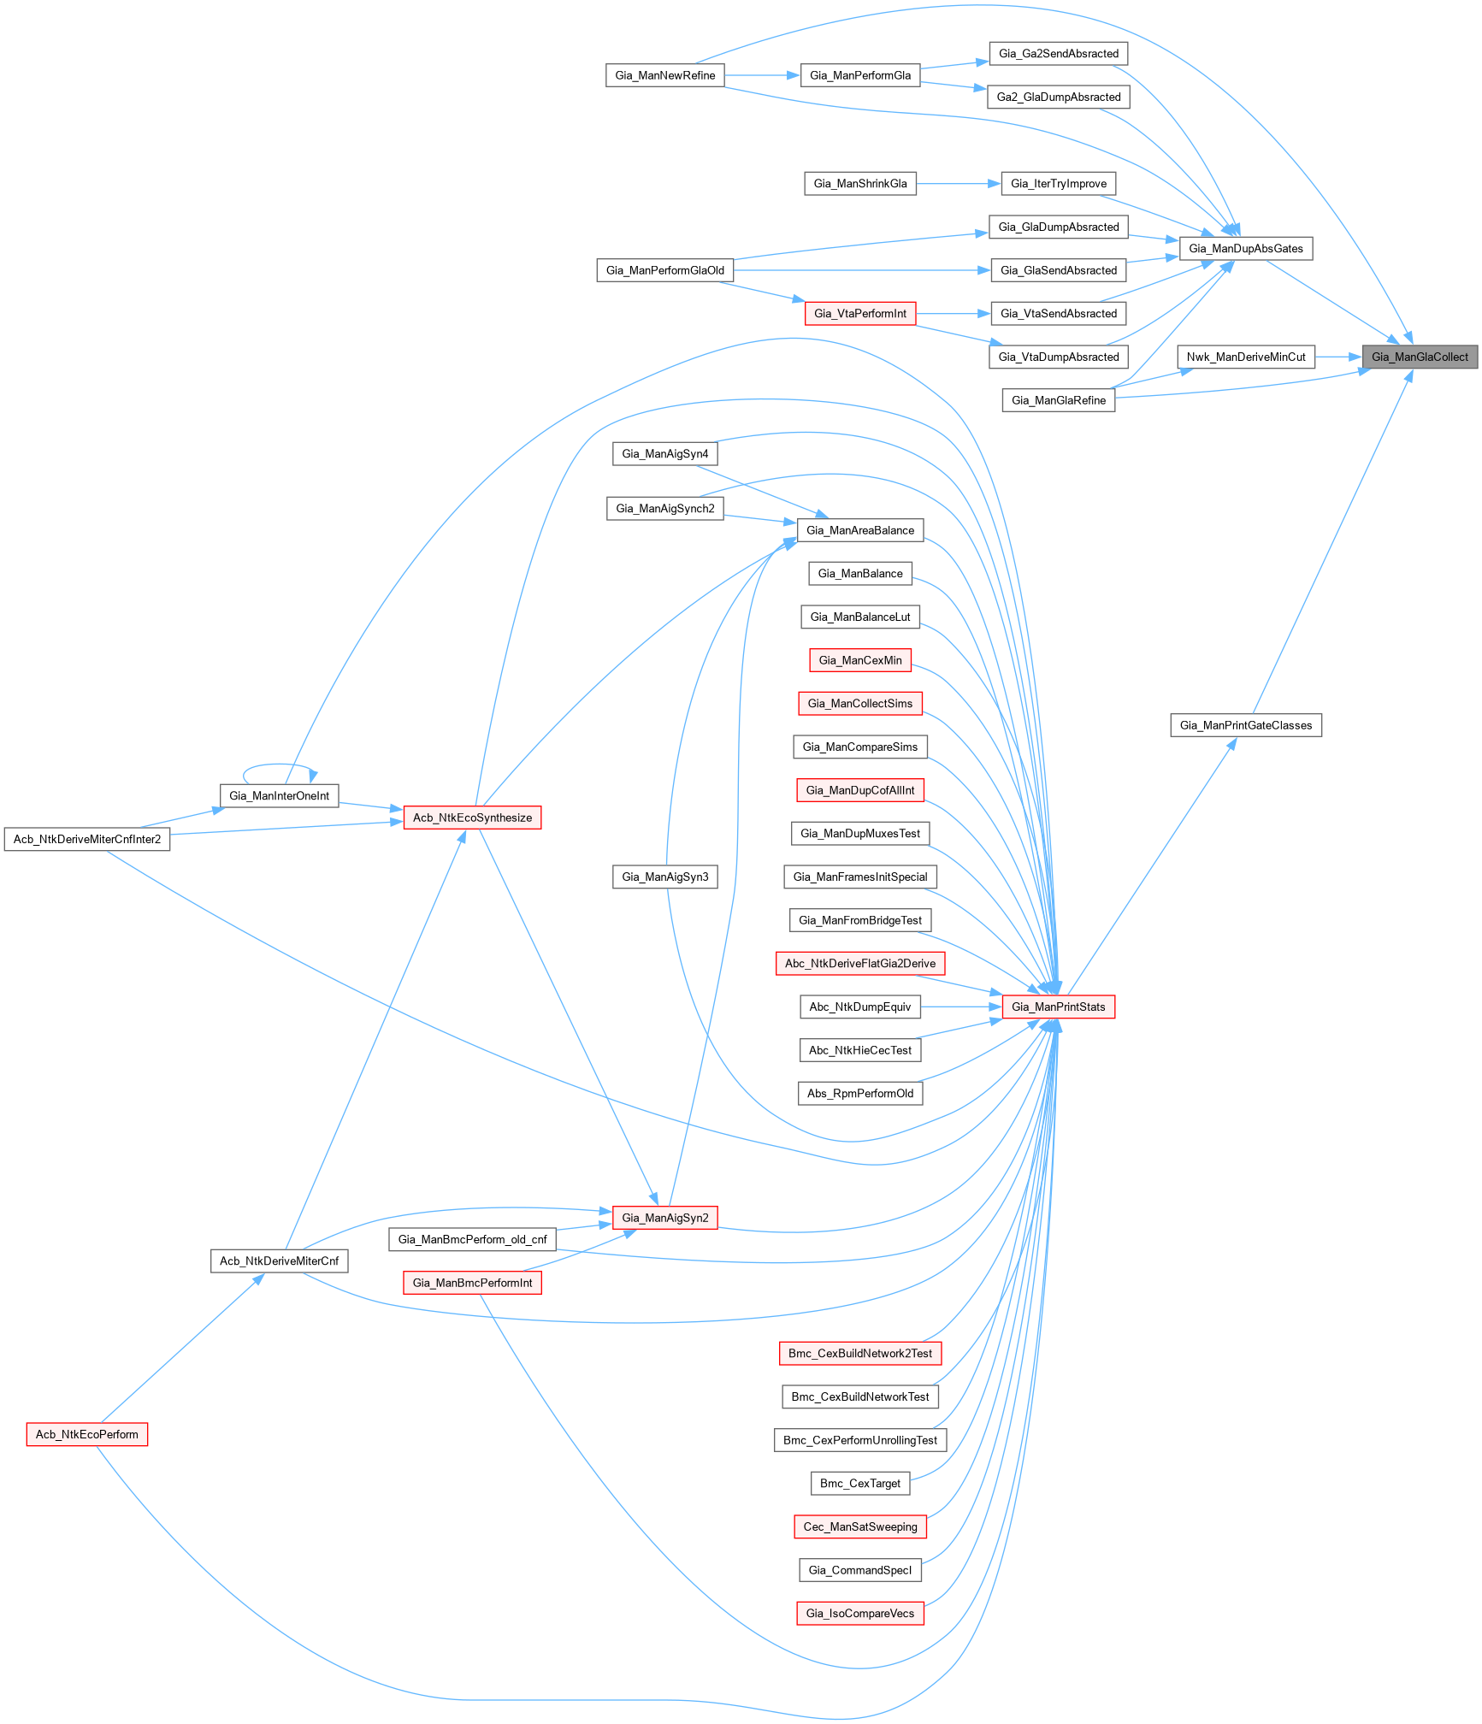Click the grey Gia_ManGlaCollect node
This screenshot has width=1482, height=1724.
coord(1420,357)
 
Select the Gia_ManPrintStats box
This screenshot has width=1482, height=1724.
coord(1058,1007)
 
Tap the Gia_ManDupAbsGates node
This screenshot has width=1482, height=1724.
coord(1246,249)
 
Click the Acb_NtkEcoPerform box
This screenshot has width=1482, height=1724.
coord(87,1435)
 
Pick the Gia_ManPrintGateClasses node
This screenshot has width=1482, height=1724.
coord(1245,726)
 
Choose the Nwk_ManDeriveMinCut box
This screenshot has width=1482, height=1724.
coord(1245,357)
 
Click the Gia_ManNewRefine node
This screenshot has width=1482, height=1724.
coord(664,76)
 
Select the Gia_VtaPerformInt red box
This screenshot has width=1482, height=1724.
coord(859,314)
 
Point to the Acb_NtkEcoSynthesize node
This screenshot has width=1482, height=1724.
coord(472,818)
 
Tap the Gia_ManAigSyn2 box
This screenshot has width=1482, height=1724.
coord(664,1218)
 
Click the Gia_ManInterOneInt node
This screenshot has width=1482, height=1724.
coord(279,796)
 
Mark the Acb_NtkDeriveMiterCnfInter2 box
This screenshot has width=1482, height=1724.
coord(87,840)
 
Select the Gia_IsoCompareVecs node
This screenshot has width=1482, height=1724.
coord(859,1614)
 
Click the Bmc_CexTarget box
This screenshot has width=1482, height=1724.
coord(859,1484)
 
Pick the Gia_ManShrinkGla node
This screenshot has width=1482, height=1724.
coord(859,184)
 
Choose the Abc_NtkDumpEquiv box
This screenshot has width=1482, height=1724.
coord(859,1007)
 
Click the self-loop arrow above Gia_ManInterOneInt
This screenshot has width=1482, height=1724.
coord(279,765)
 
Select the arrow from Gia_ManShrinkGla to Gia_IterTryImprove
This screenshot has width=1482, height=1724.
coord(958,184)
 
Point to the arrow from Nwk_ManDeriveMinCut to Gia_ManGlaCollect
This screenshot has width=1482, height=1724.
coord(1338,357)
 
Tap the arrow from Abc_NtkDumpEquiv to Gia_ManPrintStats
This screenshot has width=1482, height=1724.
coord(961,1007)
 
